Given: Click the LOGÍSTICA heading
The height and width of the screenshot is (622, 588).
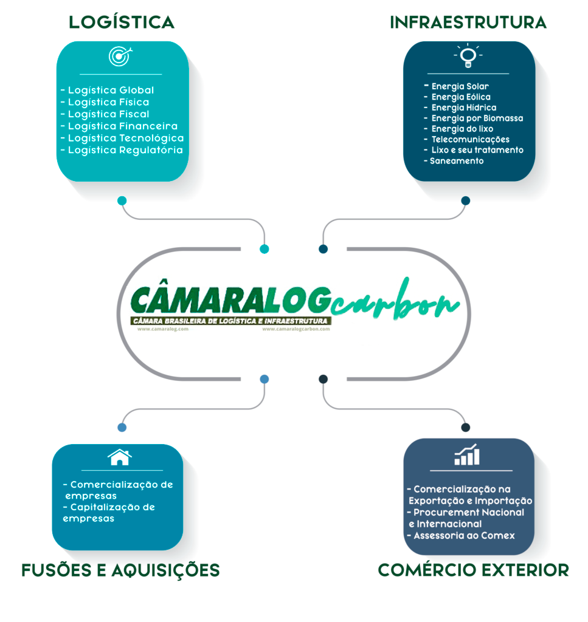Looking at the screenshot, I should (x=122, y=22).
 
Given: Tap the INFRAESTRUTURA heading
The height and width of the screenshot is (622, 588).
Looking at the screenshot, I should (x=468, y=22).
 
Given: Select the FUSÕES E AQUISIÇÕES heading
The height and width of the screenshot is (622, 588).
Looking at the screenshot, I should (x=120, y=570).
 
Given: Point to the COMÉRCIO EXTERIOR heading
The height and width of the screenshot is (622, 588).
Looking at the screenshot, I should (x=473, y=570).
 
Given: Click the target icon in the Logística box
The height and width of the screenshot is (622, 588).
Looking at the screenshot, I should (x=119, y=56).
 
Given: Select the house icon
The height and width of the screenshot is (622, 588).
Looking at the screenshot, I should (x=120, y=457).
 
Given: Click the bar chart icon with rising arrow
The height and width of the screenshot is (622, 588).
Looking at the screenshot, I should (x=467, y=455).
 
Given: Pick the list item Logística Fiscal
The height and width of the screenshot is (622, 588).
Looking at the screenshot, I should (x=108, y=114).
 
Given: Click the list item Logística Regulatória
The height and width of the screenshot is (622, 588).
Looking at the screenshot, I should (x=125, y=150).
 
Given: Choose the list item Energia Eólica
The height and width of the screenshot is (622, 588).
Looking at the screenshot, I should (x=460, y=97).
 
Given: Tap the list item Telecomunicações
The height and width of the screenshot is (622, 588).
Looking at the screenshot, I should (x=470, y=140).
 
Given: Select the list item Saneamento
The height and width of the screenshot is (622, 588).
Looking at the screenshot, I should (x=456, y=161).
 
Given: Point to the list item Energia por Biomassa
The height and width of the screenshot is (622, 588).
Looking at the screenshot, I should (x=477, y=118).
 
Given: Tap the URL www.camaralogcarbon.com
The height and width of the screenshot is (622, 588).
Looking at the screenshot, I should (x=296, y=329).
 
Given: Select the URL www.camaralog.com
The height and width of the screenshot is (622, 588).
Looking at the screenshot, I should (x=163, y=329).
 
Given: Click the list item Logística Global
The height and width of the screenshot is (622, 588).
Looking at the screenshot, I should (x=111, y=91).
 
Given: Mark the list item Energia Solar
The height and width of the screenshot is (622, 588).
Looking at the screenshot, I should (x=460, y=86).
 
